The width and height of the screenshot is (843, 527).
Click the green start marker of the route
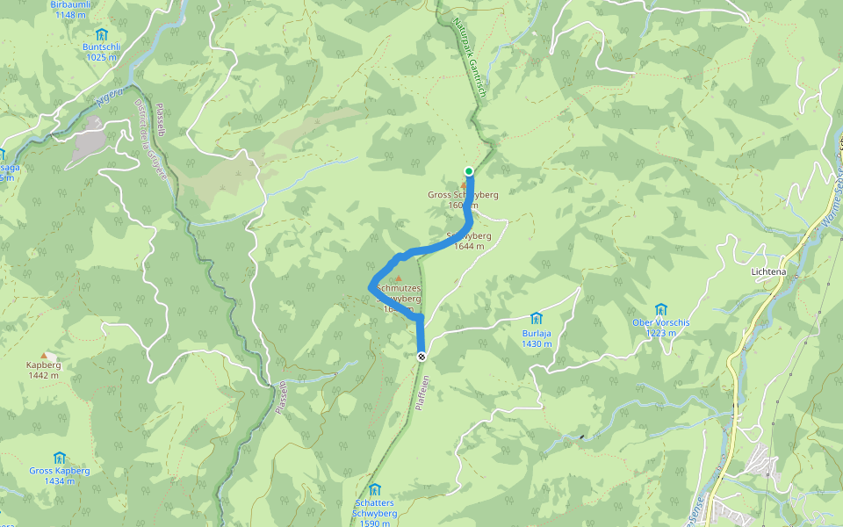[x=469, y=171]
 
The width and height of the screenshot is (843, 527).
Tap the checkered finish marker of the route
[x=421, y=356]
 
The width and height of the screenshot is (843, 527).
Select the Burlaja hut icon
[x=536, y=317]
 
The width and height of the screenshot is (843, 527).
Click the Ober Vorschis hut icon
[x=661, y=308]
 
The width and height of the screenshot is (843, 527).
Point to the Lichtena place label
[x=769, y=272]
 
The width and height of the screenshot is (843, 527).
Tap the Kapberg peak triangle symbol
[x=44, y=355]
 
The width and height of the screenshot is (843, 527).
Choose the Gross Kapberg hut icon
[x=59, y=458]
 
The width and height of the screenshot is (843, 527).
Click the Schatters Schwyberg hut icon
[x=375, y=489]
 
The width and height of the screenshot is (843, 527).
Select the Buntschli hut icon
[x=101, y=34]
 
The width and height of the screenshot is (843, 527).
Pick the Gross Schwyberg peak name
[x=463, y=194]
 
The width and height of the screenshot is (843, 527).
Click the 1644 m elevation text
[x=469, y=246]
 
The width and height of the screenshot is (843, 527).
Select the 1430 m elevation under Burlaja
[x=536, y=343]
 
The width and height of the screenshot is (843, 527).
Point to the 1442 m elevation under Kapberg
[x=43, y=375]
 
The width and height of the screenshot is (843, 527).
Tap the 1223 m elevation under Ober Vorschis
[x=661, y=333]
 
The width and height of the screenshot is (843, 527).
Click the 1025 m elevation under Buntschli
[x=102, y=57]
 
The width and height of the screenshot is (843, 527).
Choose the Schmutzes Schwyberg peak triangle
[x=398, y=278]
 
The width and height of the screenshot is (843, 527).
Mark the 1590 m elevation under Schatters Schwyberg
[x=374, y=523]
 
